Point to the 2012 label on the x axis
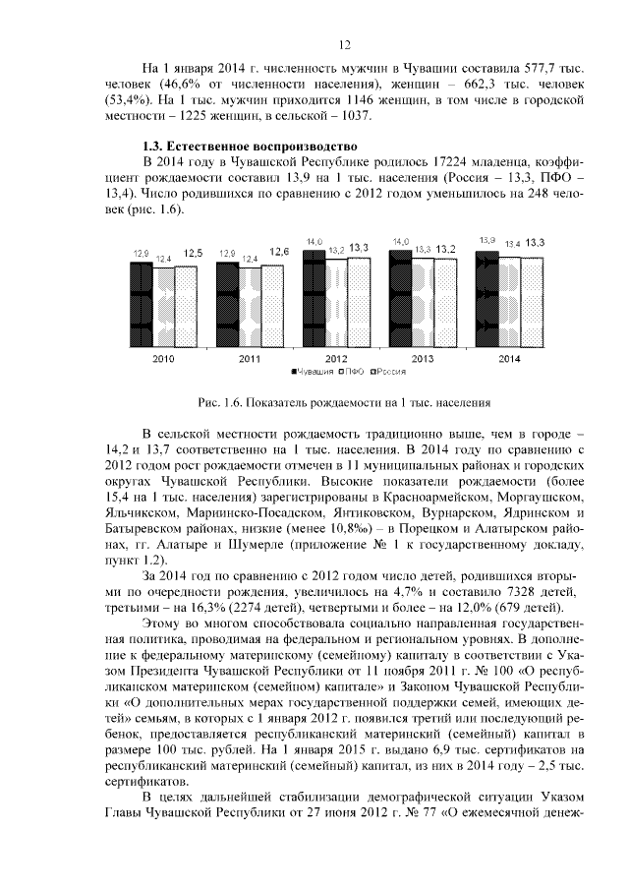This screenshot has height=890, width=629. point(335,359)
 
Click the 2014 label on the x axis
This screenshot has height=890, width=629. point(509,359)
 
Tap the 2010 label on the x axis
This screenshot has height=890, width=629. point(163,359)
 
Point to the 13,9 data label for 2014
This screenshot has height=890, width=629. point(487,241)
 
